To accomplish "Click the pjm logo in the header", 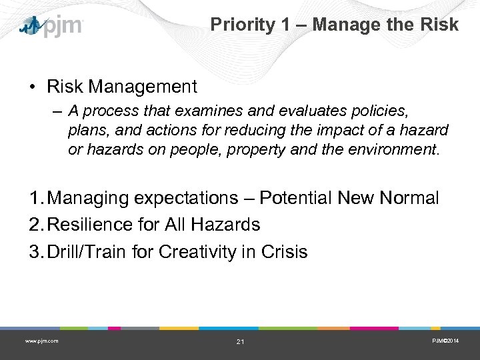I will click(51, 26).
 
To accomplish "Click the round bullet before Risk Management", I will click(32, 87).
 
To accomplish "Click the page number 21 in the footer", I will click(240, 342).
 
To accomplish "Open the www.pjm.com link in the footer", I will click(41, 341).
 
